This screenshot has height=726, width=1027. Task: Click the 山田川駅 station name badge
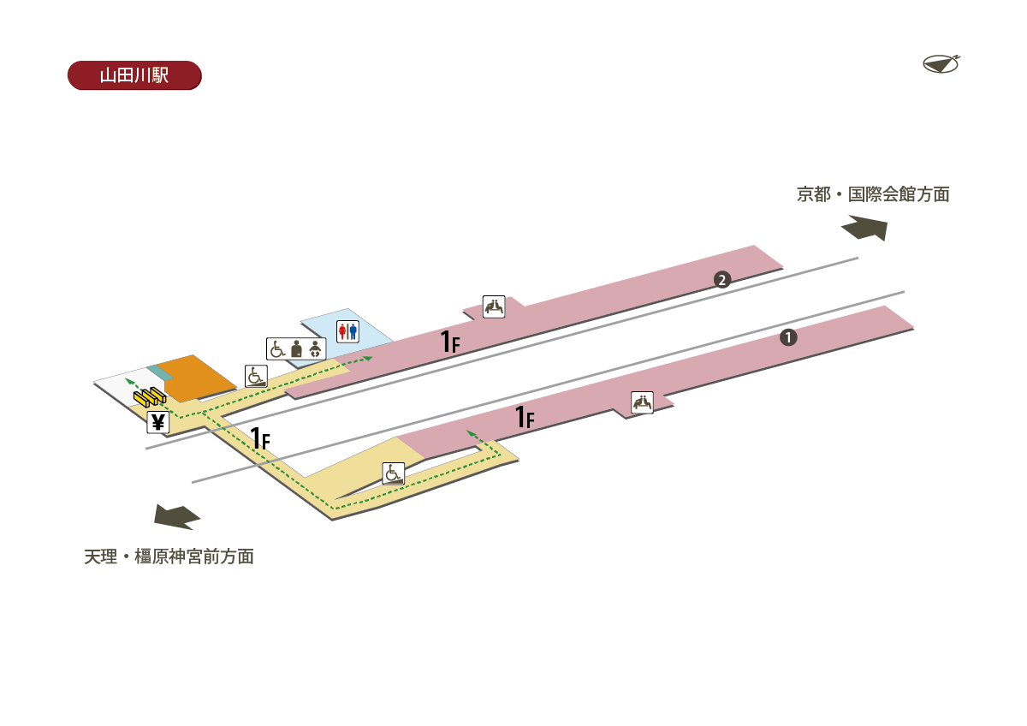134,75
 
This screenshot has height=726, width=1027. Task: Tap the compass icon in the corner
941,63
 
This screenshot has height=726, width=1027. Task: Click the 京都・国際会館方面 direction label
873,194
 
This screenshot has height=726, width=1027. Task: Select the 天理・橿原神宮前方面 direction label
169,556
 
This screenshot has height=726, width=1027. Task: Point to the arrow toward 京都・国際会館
865,228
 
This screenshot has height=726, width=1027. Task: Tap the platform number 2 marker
722,280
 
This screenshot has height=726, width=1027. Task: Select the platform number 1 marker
788,338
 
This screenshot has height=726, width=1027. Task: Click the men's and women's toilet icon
347,330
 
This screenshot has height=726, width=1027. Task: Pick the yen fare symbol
157,421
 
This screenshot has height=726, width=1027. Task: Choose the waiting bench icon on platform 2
494,306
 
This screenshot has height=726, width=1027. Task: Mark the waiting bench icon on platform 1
642,402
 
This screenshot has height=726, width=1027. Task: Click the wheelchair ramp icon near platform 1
393,473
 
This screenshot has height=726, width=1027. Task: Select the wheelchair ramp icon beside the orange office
257,376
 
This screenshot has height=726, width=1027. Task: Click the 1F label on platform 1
525,417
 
